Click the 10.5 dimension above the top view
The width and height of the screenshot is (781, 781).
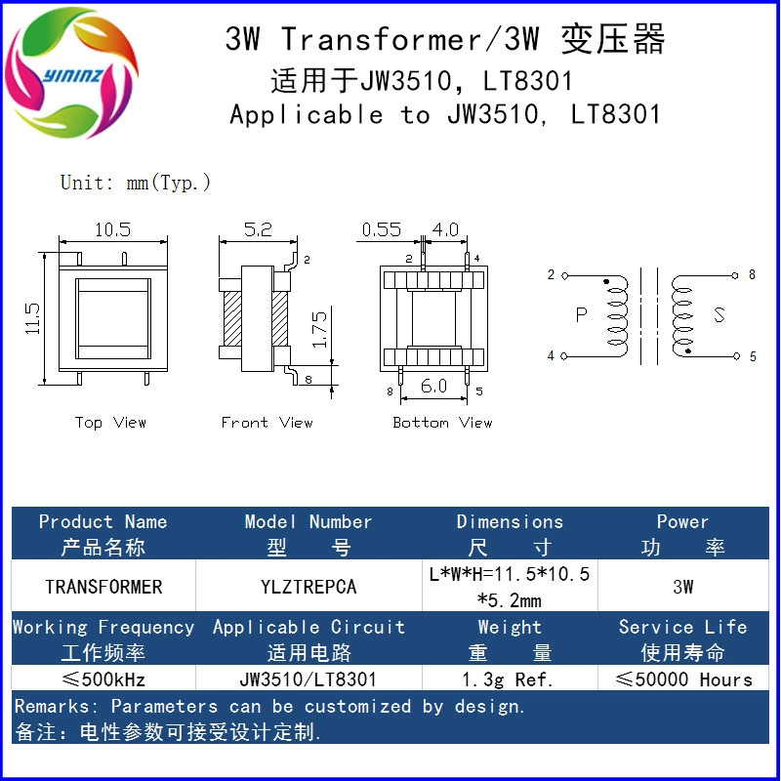112,229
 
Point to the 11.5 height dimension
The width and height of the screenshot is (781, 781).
32,318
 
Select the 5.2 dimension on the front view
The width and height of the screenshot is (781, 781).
258,229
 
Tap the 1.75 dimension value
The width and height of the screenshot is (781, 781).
319,329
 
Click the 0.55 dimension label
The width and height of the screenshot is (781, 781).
381,229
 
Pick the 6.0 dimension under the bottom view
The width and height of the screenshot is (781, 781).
433,386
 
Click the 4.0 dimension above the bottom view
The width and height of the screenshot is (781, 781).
445,229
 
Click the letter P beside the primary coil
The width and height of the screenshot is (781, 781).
581,314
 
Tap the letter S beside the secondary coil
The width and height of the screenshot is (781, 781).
719,314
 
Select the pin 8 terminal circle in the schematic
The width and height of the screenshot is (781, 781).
735,275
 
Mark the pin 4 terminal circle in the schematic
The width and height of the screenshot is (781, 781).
564,356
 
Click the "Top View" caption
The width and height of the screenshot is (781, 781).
110,423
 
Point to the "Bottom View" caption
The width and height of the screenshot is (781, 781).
442,423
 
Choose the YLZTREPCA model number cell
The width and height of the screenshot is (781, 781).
308,587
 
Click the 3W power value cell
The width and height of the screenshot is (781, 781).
682,587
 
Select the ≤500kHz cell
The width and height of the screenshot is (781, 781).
103,678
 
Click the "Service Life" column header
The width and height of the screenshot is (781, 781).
682,627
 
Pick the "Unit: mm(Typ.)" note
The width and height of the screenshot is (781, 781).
136,183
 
